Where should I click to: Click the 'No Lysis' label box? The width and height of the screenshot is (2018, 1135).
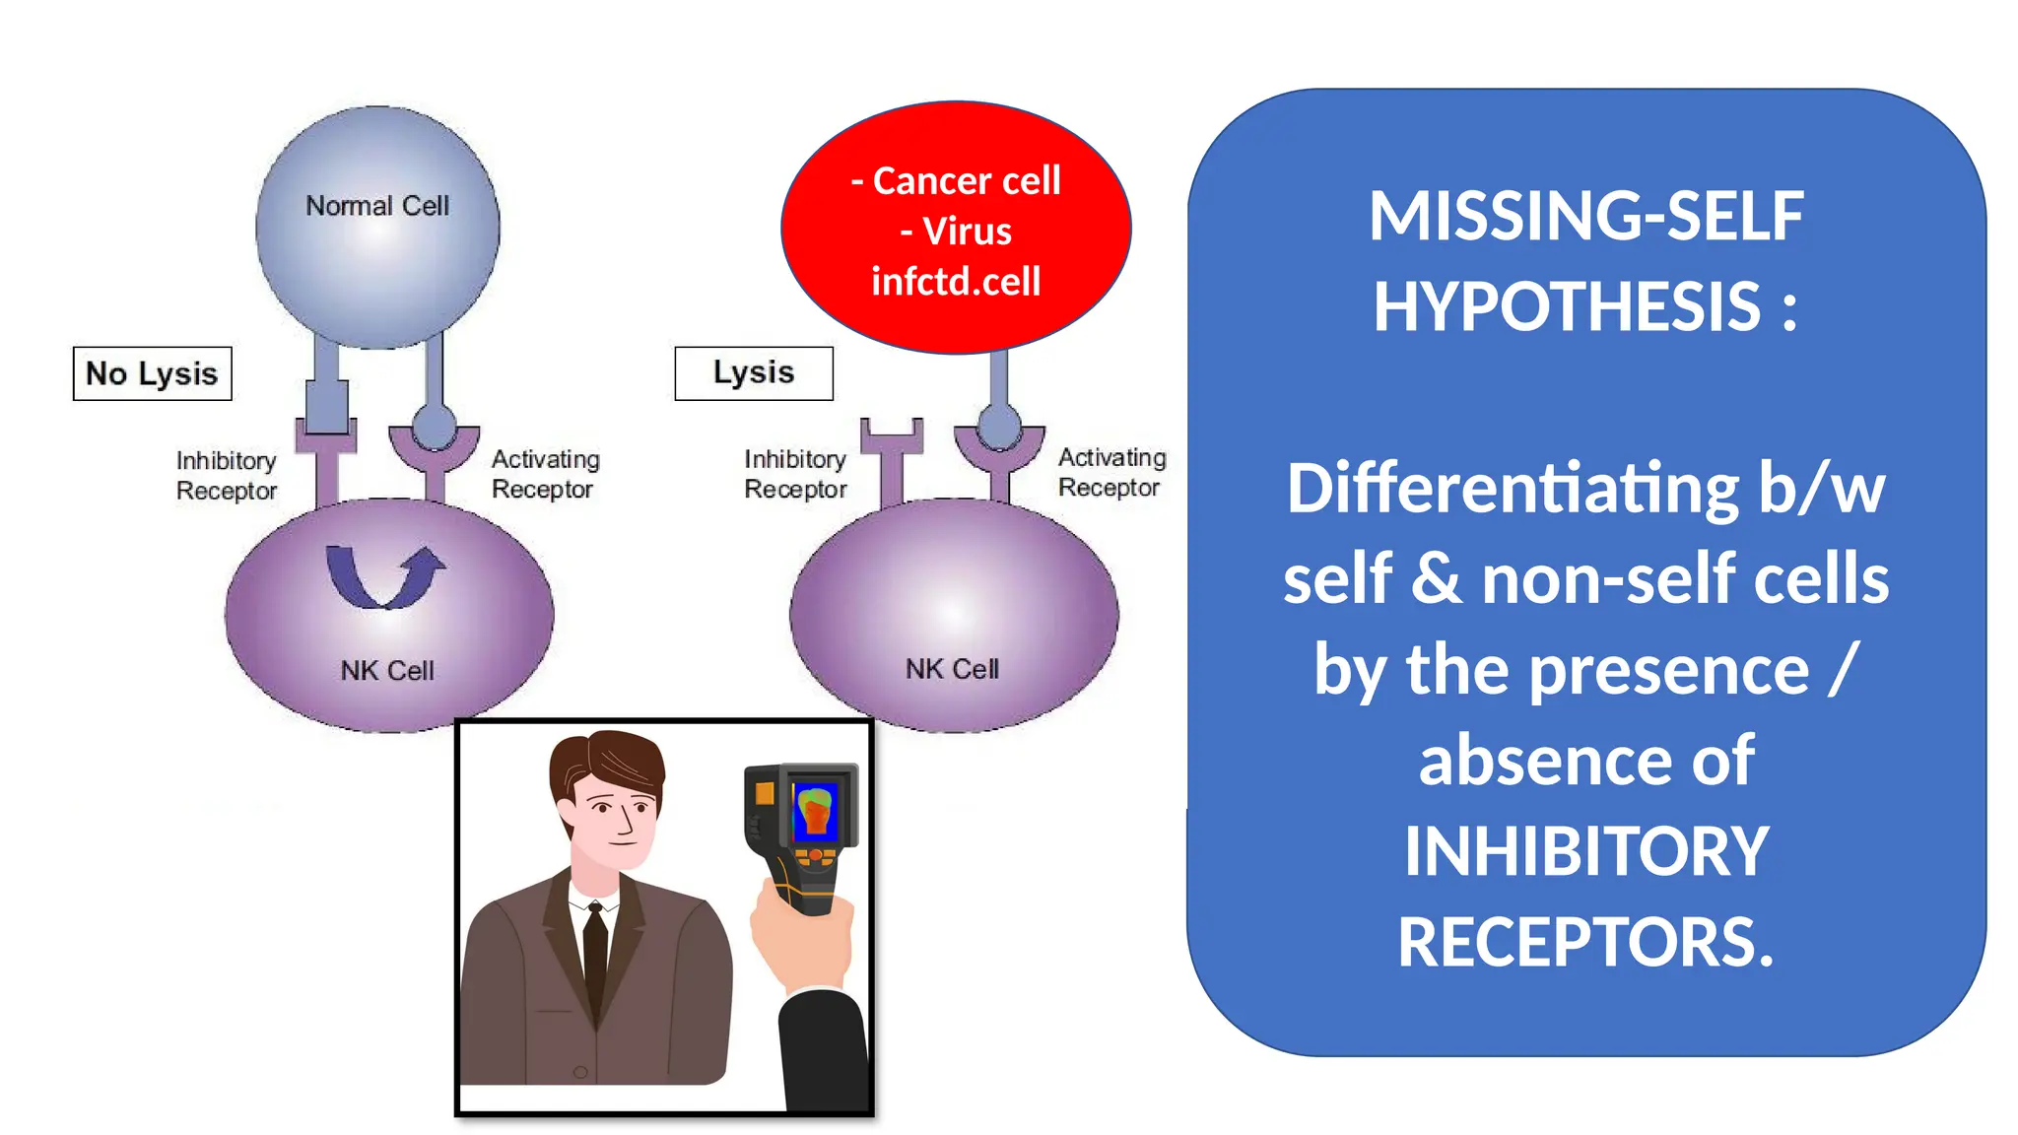[152, 373]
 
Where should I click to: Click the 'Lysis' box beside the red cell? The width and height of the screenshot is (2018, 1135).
[754, 372]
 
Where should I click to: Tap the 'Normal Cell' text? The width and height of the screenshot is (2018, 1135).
[377, 206]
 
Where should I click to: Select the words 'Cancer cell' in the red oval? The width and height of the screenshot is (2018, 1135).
[967, 181]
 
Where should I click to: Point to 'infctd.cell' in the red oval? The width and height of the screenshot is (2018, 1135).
[956, 282]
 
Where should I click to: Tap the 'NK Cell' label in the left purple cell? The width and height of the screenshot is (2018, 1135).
[387, 671]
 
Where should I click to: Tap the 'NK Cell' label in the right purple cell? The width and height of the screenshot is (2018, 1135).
[952, 669]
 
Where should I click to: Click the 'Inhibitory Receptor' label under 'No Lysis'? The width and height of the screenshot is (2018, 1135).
[226, 475]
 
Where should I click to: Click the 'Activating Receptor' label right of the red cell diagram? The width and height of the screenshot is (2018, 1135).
[1111, 472]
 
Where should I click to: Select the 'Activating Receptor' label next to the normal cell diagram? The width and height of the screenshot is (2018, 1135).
[545, 474]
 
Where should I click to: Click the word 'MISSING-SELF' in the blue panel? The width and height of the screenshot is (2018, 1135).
[1585, 216]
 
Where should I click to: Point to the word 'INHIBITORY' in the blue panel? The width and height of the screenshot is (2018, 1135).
[1585, 851]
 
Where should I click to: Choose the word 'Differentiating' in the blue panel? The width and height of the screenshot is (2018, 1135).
[1513, 489]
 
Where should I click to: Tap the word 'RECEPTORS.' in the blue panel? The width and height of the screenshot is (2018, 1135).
[1585, 942]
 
